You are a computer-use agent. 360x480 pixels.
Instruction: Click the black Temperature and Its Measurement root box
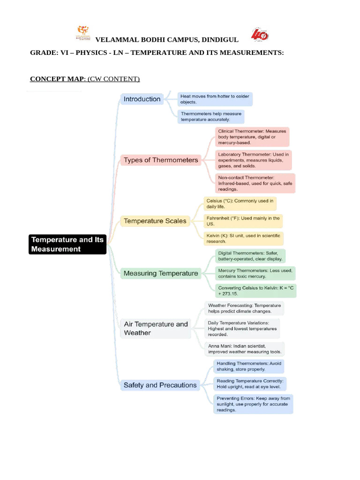[x=67, y=244]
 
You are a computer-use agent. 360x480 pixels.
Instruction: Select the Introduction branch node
[x=142, y=99]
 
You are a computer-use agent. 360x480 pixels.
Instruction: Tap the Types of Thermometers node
[x=161, y=160]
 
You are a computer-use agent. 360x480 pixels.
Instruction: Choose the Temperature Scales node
[x=155, y=221]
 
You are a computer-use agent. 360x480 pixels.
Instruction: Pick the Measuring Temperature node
[x=161, y=273]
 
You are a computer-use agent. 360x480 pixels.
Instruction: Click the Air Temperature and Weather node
[x=156, y=328]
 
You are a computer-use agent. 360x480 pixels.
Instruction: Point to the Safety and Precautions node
[x=160, y=385]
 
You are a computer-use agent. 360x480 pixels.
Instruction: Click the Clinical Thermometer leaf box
[x=252, y=137]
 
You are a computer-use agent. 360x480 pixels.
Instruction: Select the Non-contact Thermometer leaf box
[x=255, y=183]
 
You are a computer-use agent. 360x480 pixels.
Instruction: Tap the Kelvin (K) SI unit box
[x=243, y=239]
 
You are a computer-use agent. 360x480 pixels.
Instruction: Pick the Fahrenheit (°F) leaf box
[x=243, y=221]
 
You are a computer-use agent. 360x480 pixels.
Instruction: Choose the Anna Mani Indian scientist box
[x=245, y=349]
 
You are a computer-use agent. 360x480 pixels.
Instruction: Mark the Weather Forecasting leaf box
[x=244, y=308]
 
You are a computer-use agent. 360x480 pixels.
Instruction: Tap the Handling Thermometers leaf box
[x=248, y=367]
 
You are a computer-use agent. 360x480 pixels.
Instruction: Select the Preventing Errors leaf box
[x=253, y=404]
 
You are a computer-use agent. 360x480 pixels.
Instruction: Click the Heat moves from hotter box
[x=215, y=99]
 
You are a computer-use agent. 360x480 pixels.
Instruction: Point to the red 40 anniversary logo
[x=260, y=35]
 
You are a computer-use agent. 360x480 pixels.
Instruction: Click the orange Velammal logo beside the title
[x=83, y=33]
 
